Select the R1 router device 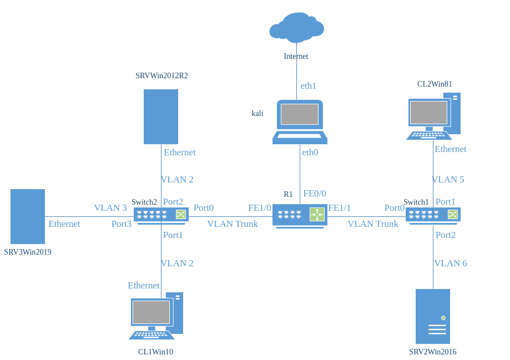coord(300,216)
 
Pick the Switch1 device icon coord(433,215)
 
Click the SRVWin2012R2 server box coord(161,116)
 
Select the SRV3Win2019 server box coord(28,216)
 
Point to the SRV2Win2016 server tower coord(433,316)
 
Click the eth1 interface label coord(309,86)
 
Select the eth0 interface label coord(310,152)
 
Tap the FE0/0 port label coord(315,194)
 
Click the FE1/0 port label coord(260,208)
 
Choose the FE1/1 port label coord(340,208)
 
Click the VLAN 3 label coord(110,208)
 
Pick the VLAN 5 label coord(448,180)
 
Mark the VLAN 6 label coord(451,263)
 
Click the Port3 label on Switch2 coord(122,224)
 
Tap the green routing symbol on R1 coord(317,215)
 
